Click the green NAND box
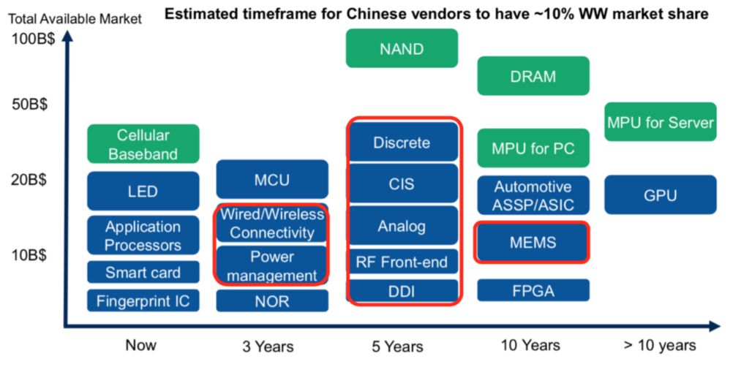pyautogui.click(x=402, y=48)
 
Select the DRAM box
pyautogui.click(x=533, y=76)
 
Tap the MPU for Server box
pyautogui.click(x=660, y=121)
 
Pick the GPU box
pyautogui.click(x=660, y=194)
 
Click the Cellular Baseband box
pyautogui.click(x=143, y=143)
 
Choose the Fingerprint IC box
pyautogui.click(x=143, y=300)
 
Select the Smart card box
pyautogui.click(x=143, y=272)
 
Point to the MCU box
pyautogui.click(x=272, y=179)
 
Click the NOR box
pyautogui.click(x=272, y=301)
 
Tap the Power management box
pyautogui.click(x=272, y=265)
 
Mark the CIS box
pyautogui.click(x=402, y=183)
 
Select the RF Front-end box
pyautogui.click(x=402, y=262)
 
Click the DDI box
pyautogui.click(x=402, y=291)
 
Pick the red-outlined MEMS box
pyautogui.click(x=532, y=242)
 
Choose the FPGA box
pyautogui.click(x=533, y=290)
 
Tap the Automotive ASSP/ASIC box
pyautogui.click(x=533, y=195)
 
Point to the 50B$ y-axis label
pyautogui.click(x=29, y=104)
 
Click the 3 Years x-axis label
pyautogui.click(x=268, y=347)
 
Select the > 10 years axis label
pyautogui.click(x=660, y=345)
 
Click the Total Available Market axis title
pyautogui.click(x=75, y=19)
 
